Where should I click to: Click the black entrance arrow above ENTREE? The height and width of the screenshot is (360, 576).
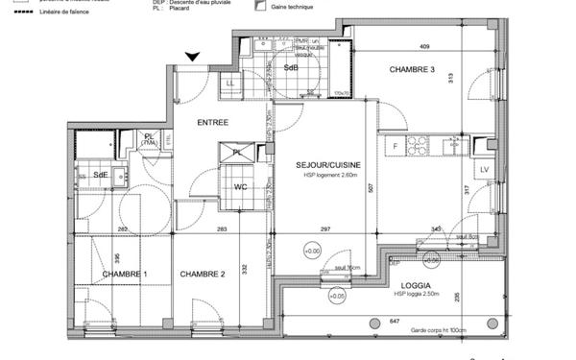coord(193,58)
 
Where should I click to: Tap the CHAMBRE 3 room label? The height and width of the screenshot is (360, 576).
coord(412,71)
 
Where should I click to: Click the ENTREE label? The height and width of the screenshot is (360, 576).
coord(213,123)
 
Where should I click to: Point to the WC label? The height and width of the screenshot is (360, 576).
coord(241,187)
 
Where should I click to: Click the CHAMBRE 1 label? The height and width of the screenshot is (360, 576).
coord(125,275)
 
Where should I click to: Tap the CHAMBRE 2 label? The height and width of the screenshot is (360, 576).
coord(203,275)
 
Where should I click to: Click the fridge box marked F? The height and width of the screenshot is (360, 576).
coord(394,146)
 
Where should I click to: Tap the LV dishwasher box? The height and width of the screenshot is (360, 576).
coord(484,170)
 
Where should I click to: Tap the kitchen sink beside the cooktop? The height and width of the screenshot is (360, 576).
coord(451,146)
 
